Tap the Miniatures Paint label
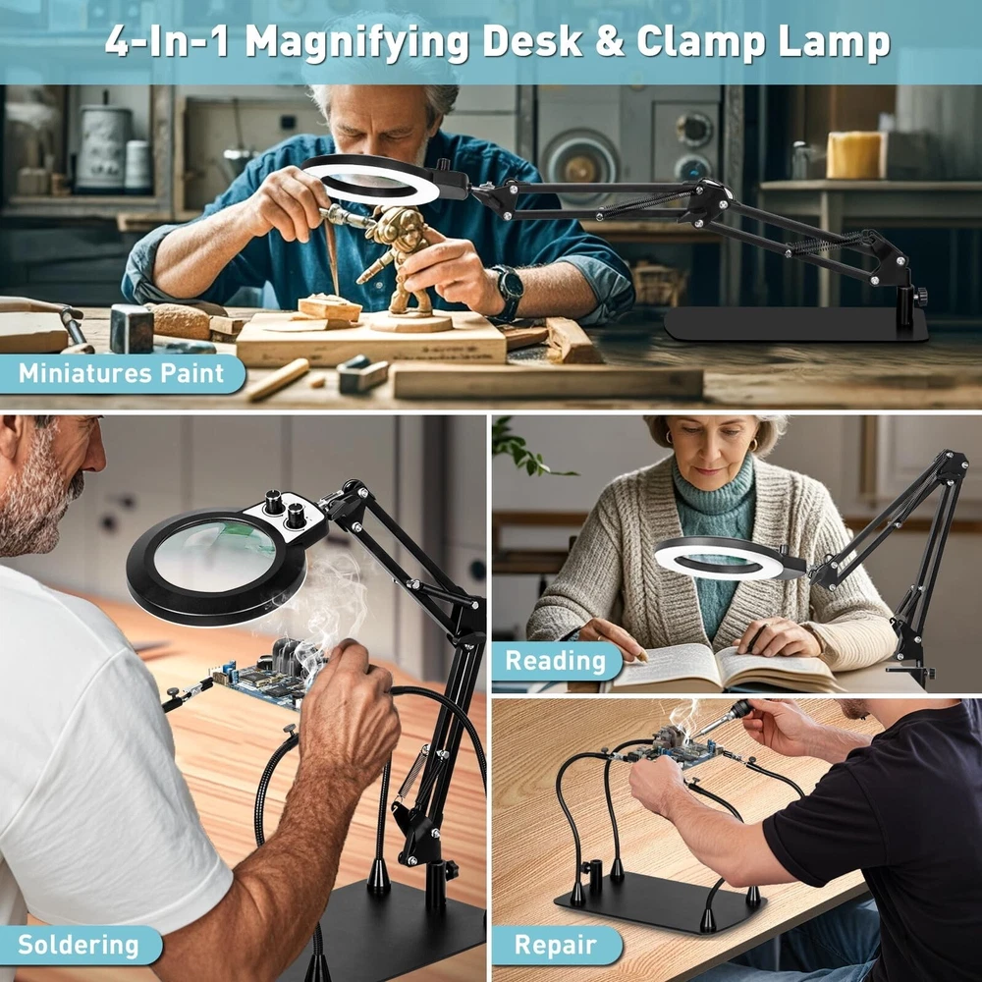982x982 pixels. (121, 373)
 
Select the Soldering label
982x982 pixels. (79, 945)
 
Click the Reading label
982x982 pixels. (556, 661)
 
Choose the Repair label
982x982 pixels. (556, 945)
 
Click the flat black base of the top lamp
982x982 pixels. (795, 324)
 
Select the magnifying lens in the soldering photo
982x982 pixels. (214, 557)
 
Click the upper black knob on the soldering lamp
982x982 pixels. (274, 502)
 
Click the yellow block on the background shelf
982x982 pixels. (853, 155)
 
